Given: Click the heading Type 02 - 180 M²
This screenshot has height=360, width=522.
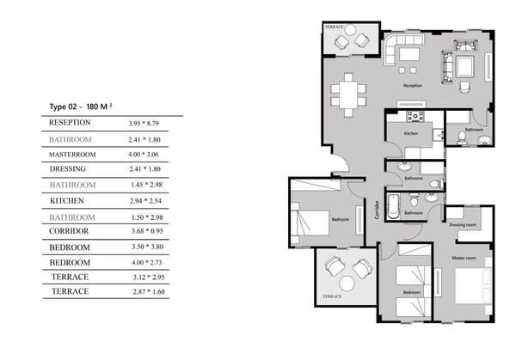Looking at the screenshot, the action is tap(81, 107).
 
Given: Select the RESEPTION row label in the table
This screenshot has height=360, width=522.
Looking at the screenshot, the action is tap(70, 123).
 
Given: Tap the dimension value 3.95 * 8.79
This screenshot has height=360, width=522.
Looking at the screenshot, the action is tap(144, 124).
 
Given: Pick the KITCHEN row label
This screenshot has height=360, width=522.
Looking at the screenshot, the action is tap(66, 201).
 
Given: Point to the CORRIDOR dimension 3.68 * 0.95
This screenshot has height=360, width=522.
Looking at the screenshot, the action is tap(147, 231).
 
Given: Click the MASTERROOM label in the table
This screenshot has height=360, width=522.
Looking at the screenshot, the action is tap(72, 155).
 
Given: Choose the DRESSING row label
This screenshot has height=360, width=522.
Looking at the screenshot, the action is tap(68, 169).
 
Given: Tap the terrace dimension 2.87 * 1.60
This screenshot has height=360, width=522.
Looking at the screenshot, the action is tap(149, 292).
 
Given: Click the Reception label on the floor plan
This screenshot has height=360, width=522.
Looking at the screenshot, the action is tap(413, 86).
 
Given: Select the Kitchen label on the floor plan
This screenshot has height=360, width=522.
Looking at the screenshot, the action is tap(411, 133).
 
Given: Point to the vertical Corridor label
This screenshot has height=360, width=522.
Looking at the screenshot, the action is tap(377, 210).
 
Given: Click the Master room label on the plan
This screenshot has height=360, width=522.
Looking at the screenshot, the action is tap(464, 258).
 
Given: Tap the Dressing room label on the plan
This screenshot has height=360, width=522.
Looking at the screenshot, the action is tap(463, 225).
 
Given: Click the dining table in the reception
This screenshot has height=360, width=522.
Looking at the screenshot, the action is tap(348, 95).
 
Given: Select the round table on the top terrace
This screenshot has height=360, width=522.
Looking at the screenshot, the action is tap(350, 30).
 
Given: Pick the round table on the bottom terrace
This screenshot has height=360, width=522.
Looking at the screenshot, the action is tap(347, 284).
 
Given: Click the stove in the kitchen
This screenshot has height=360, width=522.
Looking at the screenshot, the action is tap(415, 117).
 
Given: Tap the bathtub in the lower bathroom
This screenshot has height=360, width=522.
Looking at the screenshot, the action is tap(394, 206).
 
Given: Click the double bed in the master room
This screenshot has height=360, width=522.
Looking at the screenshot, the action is tap(473, 285).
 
